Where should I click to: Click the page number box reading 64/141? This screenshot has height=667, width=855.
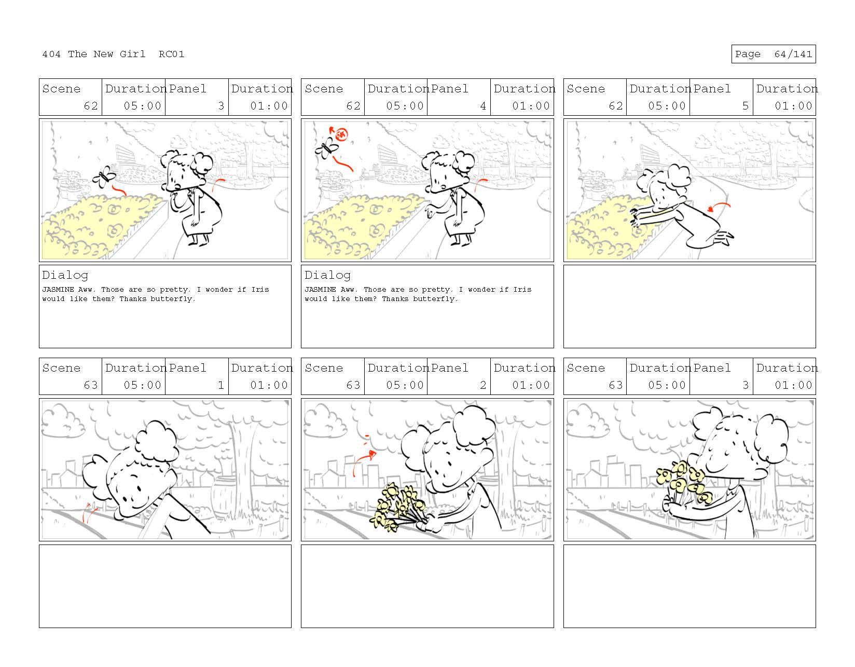point(773,54)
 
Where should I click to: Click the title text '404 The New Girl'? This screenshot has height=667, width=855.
point(93,54)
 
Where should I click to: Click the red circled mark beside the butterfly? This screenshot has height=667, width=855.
point(341,134)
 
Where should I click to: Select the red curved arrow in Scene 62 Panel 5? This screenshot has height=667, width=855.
point(719,205)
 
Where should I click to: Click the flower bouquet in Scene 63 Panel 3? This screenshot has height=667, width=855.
point(684,483)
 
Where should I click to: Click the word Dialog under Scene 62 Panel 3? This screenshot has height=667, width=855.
point(65,276)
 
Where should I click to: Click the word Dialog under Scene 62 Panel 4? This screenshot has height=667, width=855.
point(327,276)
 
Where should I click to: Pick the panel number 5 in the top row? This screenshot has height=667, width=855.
point(745,106)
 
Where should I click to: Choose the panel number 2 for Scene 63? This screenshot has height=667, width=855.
point(483,385)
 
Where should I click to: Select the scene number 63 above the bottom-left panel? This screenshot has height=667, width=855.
point(90,385)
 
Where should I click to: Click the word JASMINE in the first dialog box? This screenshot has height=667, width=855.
point(58,290)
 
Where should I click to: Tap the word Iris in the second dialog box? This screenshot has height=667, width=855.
point(522,290)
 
